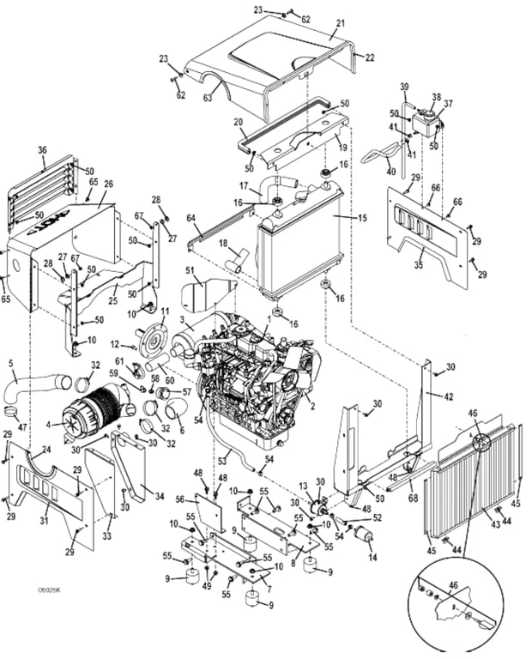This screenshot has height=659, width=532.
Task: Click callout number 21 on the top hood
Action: [340, 23]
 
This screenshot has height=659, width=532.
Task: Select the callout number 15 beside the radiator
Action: [362, 218]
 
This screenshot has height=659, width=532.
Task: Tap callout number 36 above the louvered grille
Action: [41, 151]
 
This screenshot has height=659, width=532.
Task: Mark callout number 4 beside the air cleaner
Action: [49, 422]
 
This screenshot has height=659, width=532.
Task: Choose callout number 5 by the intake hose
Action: [11, 364]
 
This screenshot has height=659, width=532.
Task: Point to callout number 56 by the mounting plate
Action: [180, 499]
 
